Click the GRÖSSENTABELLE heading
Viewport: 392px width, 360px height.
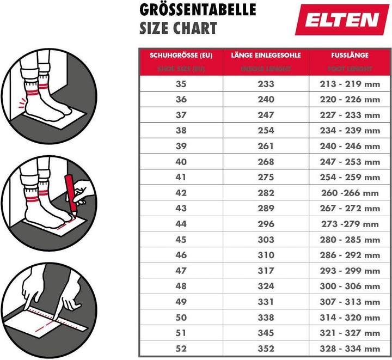198,10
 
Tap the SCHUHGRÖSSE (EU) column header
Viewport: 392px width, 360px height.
181,55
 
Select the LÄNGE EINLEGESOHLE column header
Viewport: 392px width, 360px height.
266,55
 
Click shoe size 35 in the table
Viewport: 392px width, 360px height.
181,84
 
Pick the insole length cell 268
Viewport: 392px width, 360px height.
266,162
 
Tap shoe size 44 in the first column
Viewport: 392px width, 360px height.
181,224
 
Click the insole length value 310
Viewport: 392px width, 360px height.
266,255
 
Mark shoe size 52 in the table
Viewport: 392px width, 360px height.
181,348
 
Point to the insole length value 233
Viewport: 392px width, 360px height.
266,84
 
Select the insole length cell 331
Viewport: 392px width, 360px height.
266,301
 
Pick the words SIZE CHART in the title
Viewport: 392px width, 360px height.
178,28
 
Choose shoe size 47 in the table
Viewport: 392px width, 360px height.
181,270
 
